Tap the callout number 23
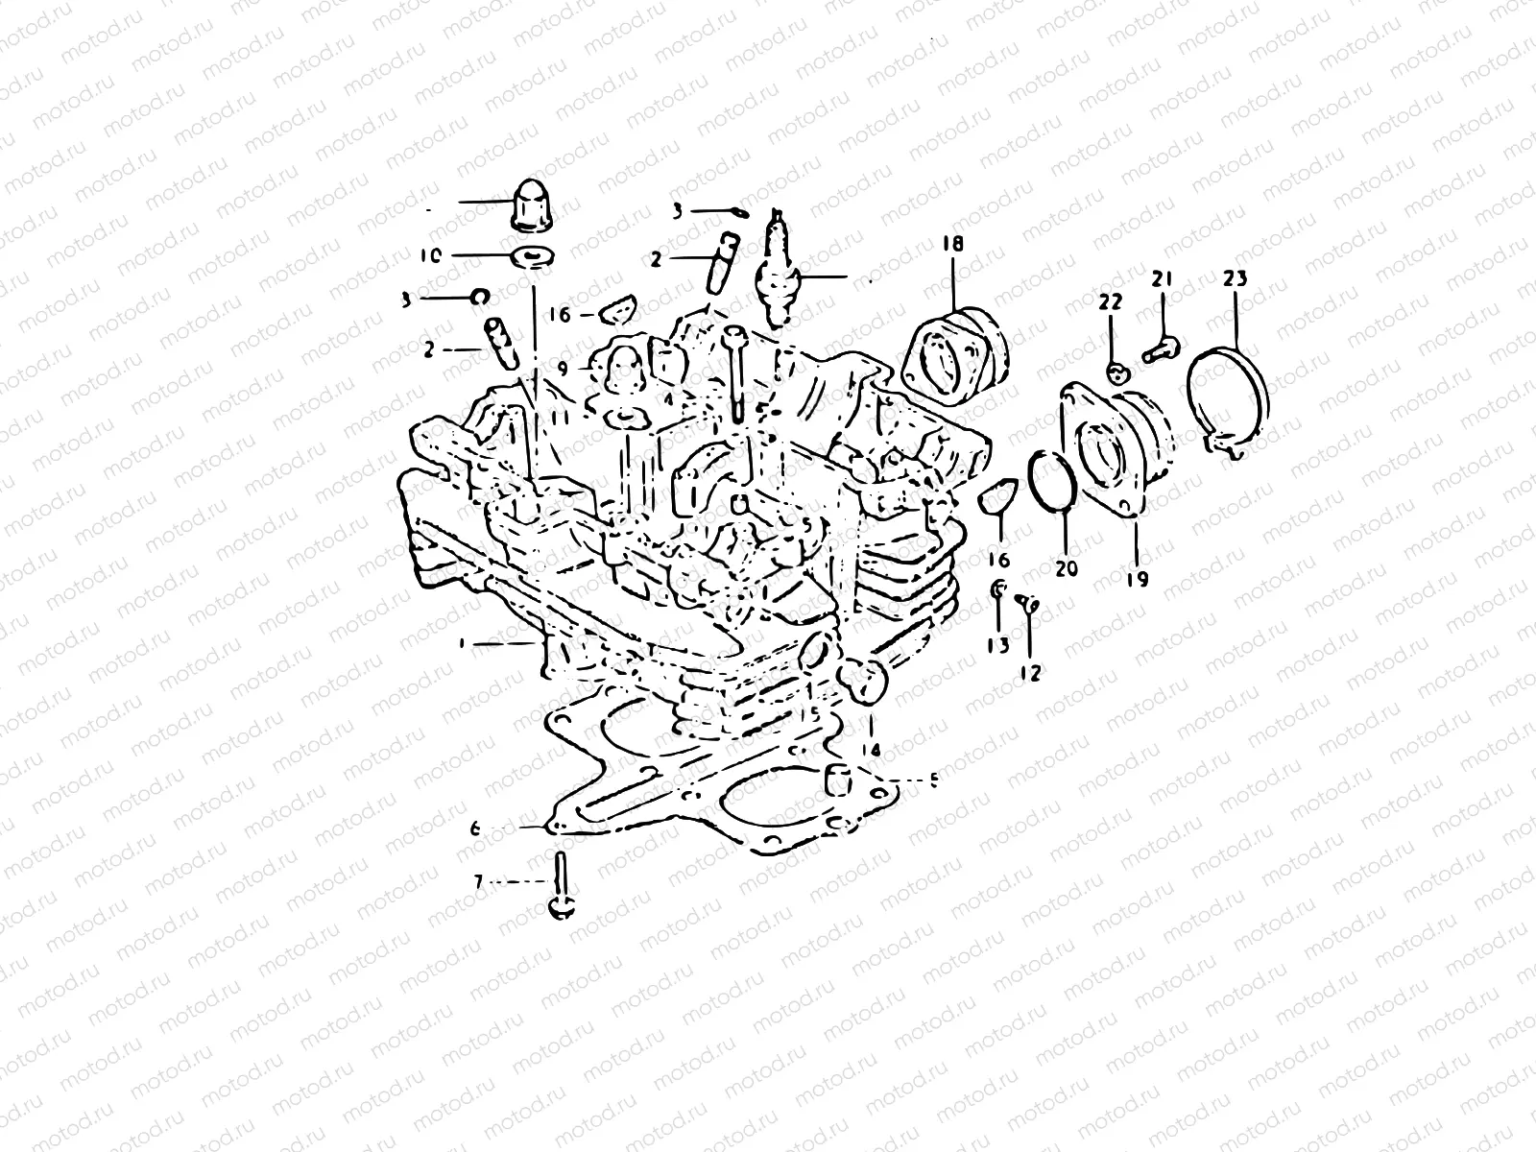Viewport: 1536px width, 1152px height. [1235, 280]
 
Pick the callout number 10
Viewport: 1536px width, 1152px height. [430, 256]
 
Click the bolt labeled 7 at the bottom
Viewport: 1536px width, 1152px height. [559, 891]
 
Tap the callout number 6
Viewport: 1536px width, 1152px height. [475, 828]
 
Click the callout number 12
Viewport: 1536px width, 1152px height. [1030, 673]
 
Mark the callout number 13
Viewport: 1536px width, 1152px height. [998, 645]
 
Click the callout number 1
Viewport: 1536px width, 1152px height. [463, 645]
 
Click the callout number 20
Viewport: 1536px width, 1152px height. [1066, 568]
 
